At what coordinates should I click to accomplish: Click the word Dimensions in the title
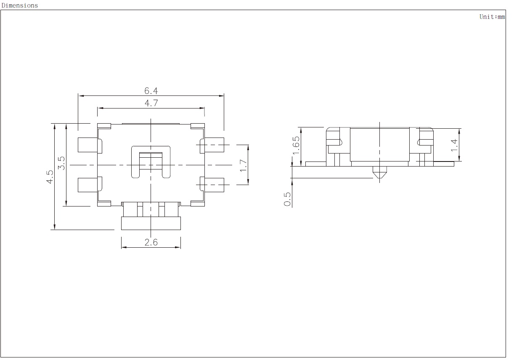pos(20,5)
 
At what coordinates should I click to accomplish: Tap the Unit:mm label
pos(492,17)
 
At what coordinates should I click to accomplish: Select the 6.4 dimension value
pos(151,91)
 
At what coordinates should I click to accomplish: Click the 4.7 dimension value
pos(151,103)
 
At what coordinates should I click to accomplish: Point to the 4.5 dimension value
pos(50,177)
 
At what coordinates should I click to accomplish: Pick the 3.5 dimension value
pos(61,163)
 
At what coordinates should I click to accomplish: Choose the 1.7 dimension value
pos(243,165)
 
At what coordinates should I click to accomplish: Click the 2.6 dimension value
pos(151,242)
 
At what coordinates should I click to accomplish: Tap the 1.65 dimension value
pos(296,146)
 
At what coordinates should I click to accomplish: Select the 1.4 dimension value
pos(454,146)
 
